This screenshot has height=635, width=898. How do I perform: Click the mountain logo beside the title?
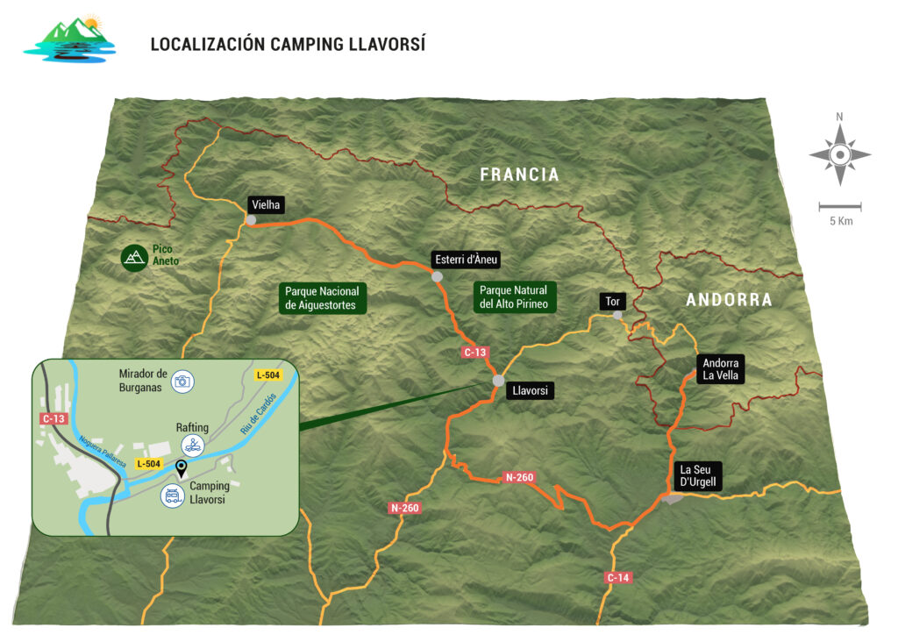(x=68, y=39)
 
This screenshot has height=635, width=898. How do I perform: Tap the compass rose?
(x=839, y=155)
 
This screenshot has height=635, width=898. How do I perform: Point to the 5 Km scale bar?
(x=839, y=207)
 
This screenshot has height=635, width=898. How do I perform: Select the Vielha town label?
(x=265, y=203)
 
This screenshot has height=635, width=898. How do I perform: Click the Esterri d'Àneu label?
(x=465, y=260)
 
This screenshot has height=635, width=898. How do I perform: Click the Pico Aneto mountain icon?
(x=133, y=256)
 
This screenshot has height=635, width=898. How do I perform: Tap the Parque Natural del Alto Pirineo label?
(x=513, y=297)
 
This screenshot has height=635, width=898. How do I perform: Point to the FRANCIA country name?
(x=519, y=175)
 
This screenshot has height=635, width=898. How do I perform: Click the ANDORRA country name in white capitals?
(x=729, y=300)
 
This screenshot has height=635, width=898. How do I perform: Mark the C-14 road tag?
(x=618, y=577)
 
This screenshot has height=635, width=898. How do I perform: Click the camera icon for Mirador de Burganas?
(x=182, y=381)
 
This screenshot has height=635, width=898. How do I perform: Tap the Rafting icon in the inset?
(x=192, y=444)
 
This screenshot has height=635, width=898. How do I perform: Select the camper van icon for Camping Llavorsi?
(x=172, y=496)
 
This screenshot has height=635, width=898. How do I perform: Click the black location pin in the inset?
(x=181, y=467)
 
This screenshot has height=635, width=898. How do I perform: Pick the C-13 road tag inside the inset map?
(x=53, y=418)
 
